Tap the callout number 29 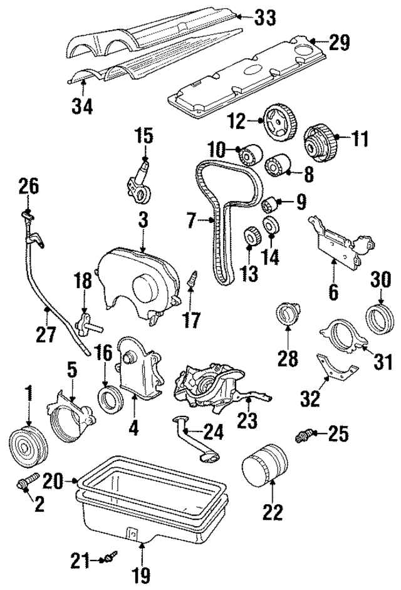[339, 43]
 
